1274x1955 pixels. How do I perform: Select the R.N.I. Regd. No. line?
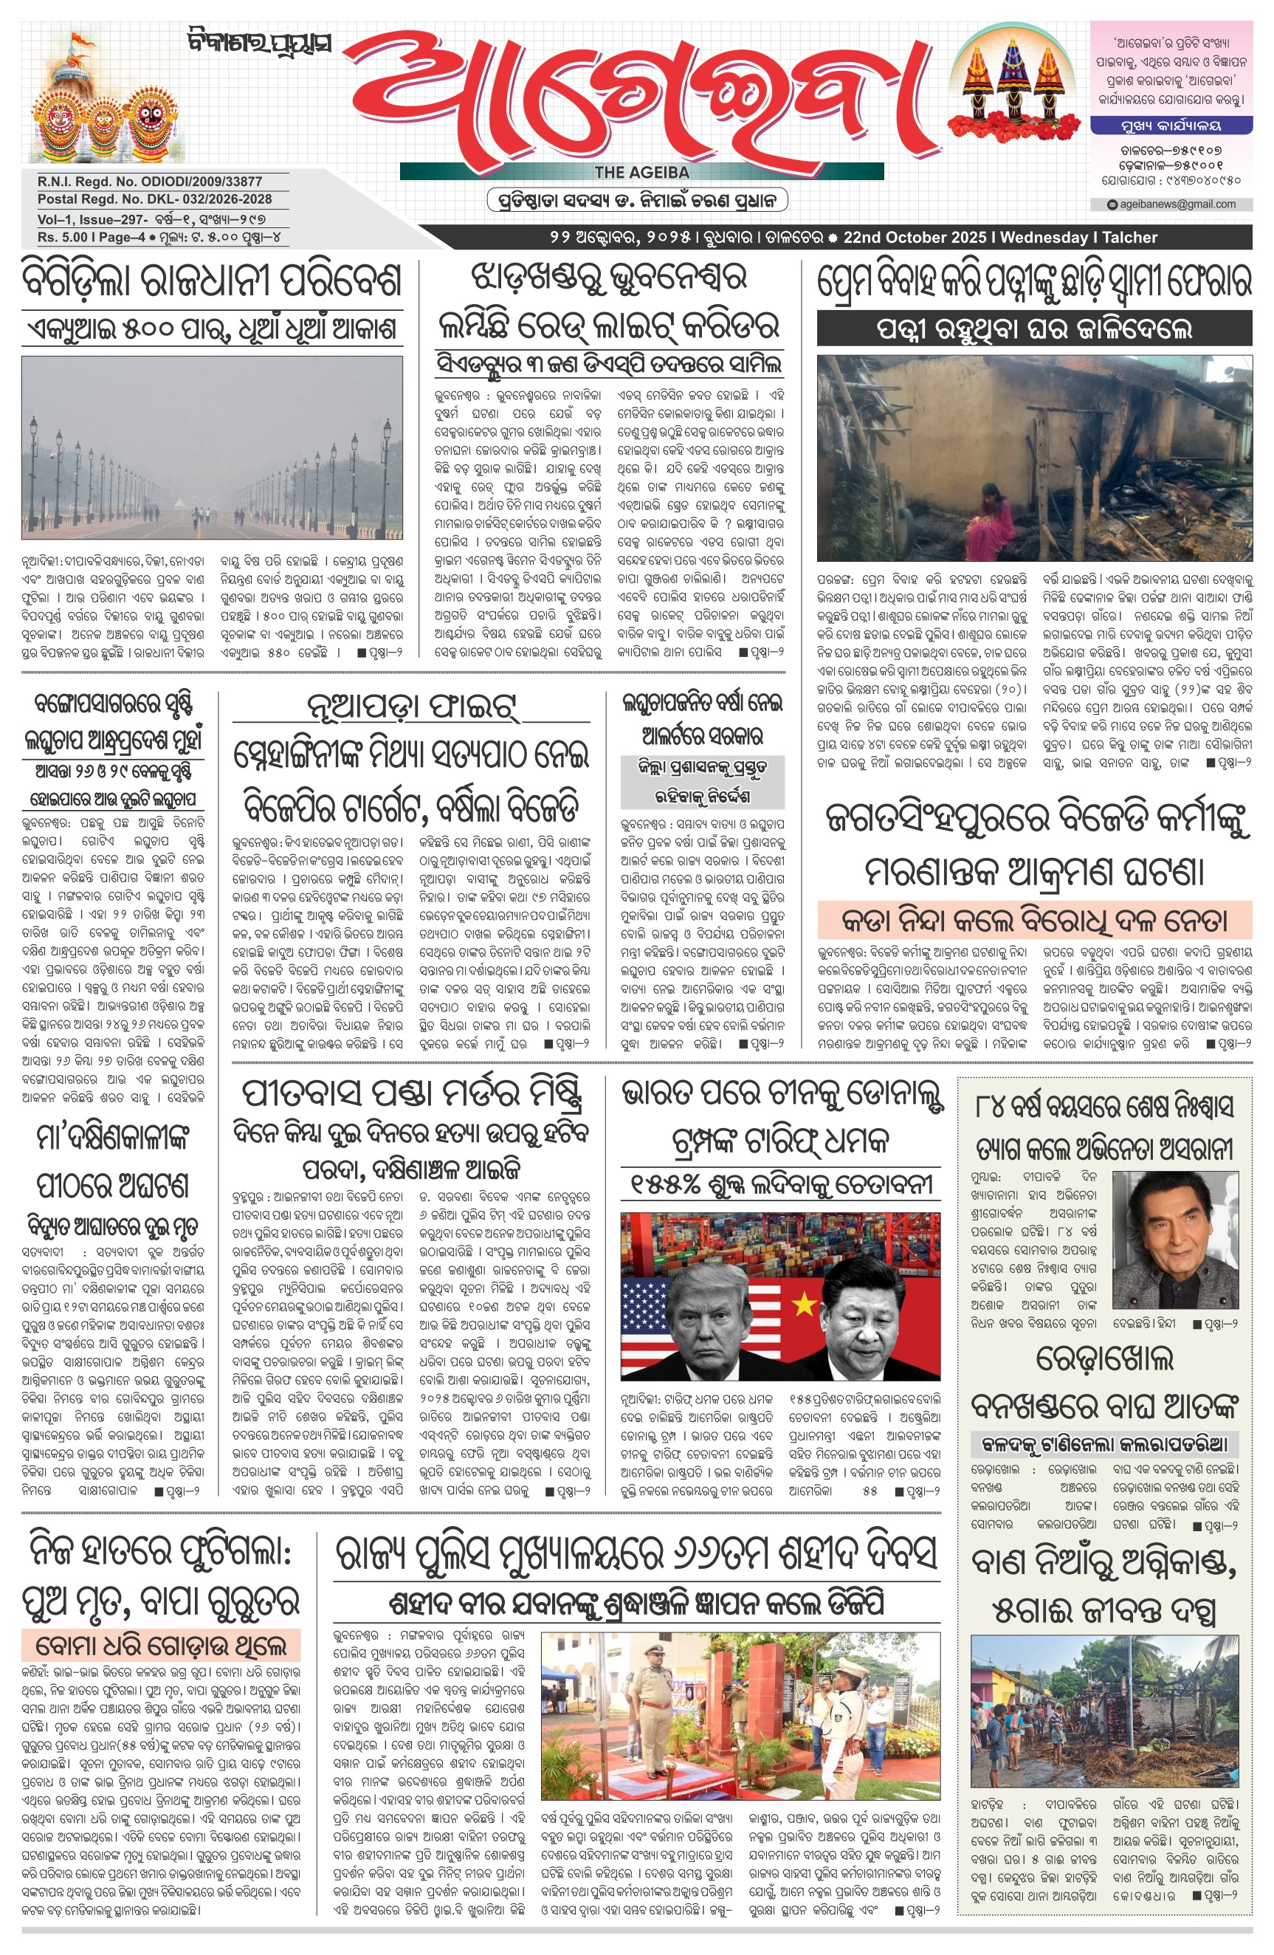pyautogui.click(x=150, y=182)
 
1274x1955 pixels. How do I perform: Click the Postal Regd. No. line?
pyautogui.click(x=154, y=199)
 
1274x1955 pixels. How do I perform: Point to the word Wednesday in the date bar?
pyautogui.click(x=1043, y=238)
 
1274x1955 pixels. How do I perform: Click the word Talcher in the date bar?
pyautogui.click(x=1130, y=238)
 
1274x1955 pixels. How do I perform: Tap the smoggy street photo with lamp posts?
pyautogui.click(x=212, y=447)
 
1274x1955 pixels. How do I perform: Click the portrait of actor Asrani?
pyautogui.click(x=1175, y=1240)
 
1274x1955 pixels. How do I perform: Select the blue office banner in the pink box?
pyautogui.click(x=1171, y=126)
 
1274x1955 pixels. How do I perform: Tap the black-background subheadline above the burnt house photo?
pyautogui.click(x=1034, y=329)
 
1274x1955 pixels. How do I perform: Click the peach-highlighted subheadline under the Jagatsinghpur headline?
pyautogui.click(x=1034, y=920)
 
